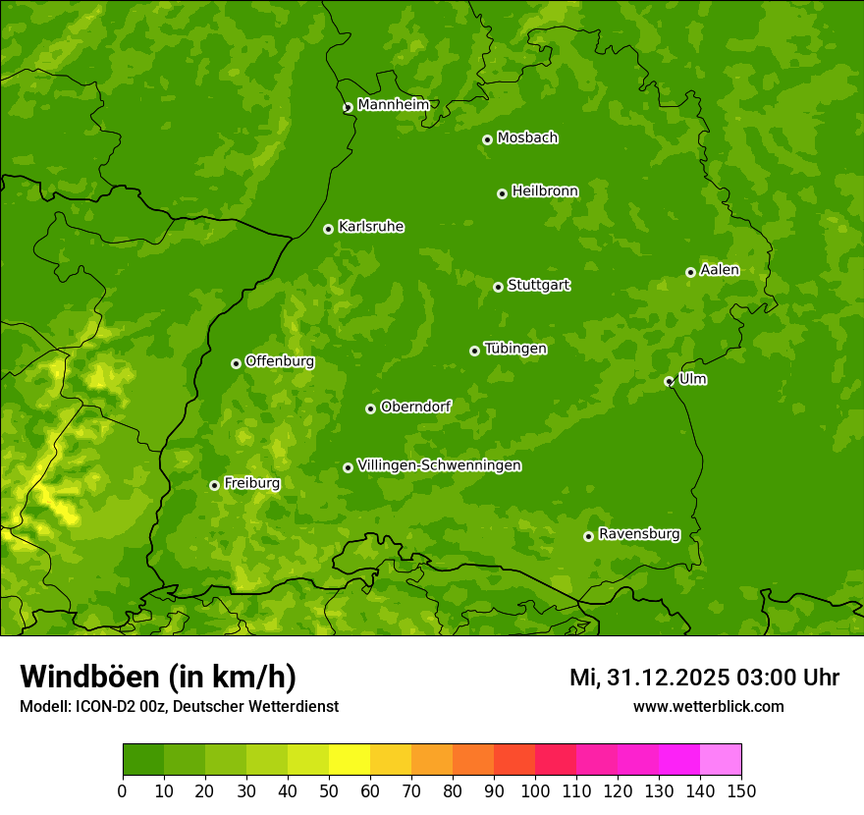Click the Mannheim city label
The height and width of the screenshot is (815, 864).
point(394,105)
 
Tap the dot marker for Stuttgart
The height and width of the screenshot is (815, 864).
point(498,287)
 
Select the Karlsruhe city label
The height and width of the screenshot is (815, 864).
point(371,227)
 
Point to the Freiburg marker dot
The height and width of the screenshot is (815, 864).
point(214,485)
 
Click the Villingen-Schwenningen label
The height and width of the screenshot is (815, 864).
point(440,465)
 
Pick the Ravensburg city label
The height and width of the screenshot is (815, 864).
point(639,534)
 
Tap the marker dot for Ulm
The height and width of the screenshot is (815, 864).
point(669,381)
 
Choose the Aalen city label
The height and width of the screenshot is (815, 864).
point(720,270)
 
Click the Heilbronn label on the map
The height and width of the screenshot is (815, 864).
point(545,191)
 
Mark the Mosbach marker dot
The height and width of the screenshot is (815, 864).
point(487,139)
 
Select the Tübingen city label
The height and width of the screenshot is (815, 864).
point(515,349)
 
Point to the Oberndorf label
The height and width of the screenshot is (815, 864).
point(416,407)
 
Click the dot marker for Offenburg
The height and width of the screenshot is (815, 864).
point(236,363)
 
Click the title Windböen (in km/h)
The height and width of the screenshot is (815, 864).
point(158,677)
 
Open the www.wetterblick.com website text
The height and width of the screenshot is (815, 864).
point(708,706)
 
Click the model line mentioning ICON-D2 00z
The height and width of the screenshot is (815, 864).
point(179,706)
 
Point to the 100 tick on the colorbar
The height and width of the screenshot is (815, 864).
point(535,790)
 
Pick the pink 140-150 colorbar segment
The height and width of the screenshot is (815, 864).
point(721,760)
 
